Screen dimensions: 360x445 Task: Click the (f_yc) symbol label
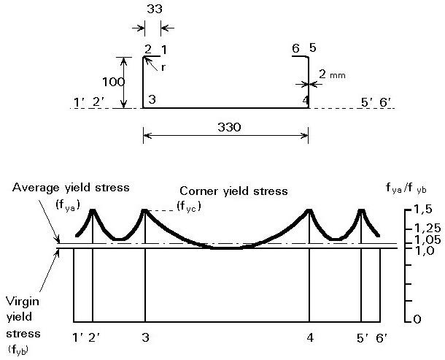coord(188,207)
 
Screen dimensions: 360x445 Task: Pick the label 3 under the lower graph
coord(144,339)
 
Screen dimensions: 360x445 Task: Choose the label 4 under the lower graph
coord(310,339)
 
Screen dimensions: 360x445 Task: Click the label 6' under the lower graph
coord(382,339)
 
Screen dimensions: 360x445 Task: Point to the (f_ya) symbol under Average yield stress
coord(68,204)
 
